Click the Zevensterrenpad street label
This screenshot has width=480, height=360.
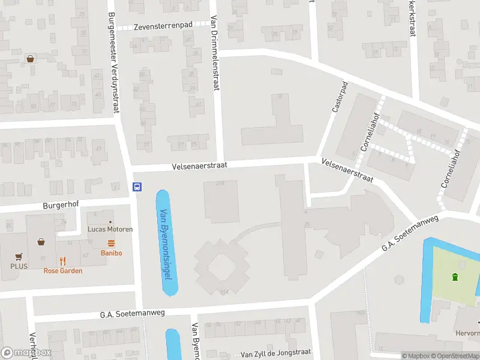pyautogui.click(x=163, y=26)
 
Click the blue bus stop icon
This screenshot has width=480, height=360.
pyautogui.click(x=137, y=187)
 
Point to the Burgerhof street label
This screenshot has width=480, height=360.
pyautogui.click(x=61, y=205)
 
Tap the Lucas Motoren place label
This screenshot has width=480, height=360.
pyautogui.click(x=110, y=229)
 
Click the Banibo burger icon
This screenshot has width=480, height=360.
pyautogui.click(x=111, y=243)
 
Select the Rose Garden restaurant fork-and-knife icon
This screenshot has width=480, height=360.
pyautogui.click(x=63, y=261)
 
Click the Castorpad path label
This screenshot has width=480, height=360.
pyautogui.click(x=340, y=97)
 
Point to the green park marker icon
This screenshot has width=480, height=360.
pyautogui.click(x=455, y=277)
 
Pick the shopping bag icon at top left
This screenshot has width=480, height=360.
pyautogui.click(x=29, y=59)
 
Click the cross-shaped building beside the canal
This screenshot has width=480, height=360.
pyautogui.click(x=221, y=266)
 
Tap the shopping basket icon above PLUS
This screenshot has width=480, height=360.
pyautogui.click(x=41, y=242)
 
